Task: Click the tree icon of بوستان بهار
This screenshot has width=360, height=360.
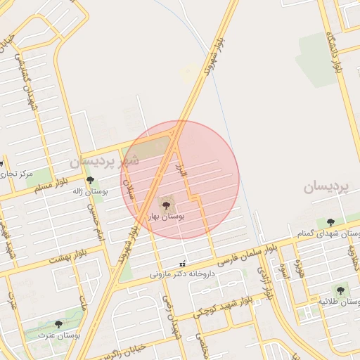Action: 167,205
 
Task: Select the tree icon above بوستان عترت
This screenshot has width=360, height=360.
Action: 58,324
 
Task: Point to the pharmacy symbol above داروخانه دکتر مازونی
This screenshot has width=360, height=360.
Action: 184,264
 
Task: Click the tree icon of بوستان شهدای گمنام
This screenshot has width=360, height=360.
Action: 330,222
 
